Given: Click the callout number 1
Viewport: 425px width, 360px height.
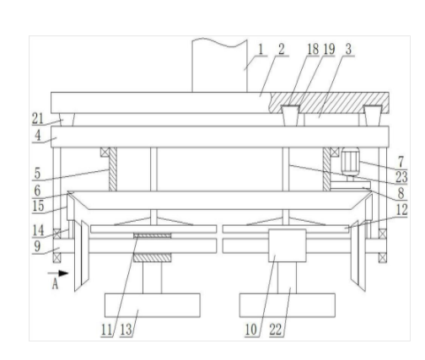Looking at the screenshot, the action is (x=261, y=50).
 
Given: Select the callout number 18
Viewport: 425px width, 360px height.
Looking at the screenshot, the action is (x=313, y=50).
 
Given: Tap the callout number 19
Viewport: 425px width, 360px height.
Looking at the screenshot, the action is (x=329, y=50).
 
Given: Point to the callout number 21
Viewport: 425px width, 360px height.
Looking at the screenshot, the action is (x=38, y=119).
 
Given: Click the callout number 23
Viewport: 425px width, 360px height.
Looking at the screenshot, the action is (x=401, y=177).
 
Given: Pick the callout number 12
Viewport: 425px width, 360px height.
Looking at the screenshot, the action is (x=401, y=210).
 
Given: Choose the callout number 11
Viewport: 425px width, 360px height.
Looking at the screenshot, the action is (x=106, y=330).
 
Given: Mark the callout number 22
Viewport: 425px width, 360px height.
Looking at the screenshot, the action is (x=276, y=330).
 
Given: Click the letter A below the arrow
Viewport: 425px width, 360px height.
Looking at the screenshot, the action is (x=55, y=284).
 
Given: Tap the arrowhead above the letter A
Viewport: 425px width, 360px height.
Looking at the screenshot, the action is (x=63, y=273).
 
